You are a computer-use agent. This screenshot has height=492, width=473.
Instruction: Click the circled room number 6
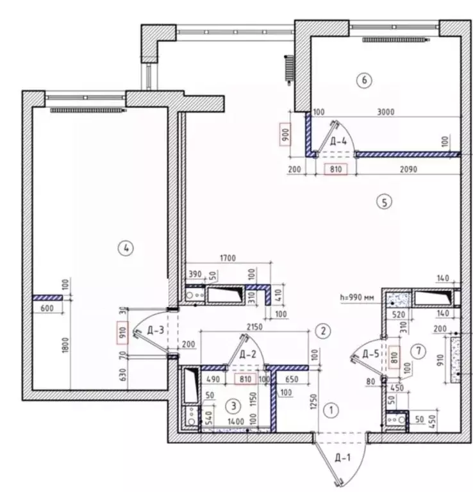click(x=364, y=80)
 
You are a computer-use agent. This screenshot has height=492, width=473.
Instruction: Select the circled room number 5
click(x=383, y=202)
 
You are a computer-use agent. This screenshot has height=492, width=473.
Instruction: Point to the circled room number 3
click(x=235, y=405)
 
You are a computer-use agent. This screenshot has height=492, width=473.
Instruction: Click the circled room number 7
click(x=418, y=350)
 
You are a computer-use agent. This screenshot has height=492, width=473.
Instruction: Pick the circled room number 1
click(x=331, y=409)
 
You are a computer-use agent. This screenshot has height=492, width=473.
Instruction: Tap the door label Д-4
click(x=340, y=141)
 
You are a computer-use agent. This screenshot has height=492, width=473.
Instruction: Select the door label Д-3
click(x=156, y=331)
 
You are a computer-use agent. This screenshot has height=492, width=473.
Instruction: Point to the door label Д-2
click(x=247, y=354)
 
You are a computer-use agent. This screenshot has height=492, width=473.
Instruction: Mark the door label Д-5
click(x=371, y=354)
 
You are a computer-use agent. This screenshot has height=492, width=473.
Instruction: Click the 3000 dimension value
click(x=385, y=111)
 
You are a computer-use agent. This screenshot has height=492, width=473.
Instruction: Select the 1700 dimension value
click(x=228, y=258)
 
